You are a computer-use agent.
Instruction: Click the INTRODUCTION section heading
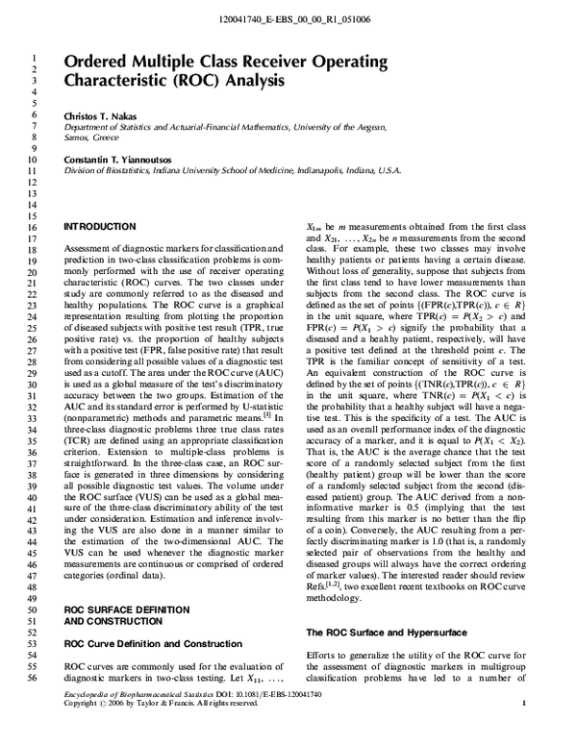[x=99, y=226]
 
